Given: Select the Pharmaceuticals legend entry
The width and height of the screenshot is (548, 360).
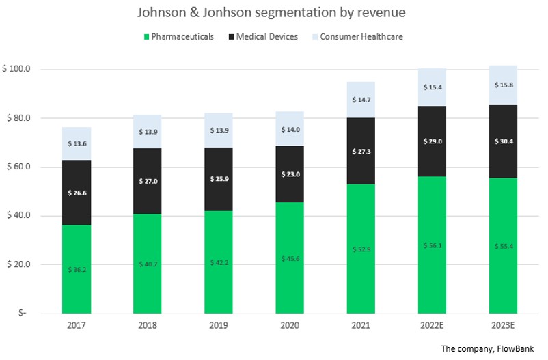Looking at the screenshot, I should point(180,36).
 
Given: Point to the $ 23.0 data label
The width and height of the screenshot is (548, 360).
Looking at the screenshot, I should point(290,174).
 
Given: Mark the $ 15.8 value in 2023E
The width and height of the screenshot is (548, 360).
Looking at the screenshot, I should point(503,85).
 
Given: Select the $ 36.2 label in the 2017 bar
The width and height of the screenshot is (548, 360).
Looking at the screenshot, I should point(76,269).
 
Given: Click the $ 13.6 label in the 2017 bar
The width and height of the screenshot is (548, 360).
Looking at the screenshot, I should point(76,143).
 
